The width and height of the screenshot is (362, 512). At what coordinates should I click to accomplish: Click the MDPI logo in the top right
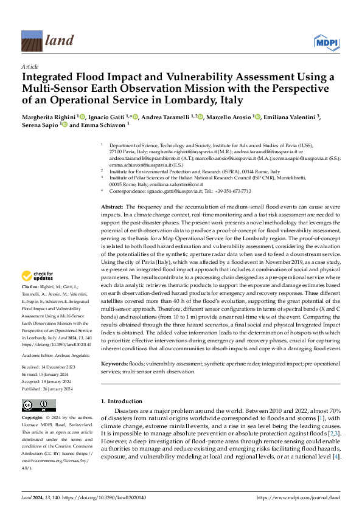[x=326, y=42]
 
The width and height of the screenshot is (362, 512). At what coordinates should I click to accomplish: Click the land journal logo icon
[x=30, y=41]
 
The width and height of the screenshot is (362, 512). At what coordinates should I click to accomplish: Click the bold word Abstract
[x=111, y=207]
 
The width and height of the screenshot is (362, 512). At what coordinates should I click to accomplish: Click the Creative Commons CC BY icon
[x=39, y=405]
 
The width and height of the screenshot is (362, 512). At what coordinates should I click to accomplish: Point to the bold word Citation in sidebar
[x=30, y=286]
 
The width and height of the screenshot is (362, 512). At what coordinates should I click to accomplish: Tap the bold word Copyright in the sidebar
[x=32, y=418]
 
